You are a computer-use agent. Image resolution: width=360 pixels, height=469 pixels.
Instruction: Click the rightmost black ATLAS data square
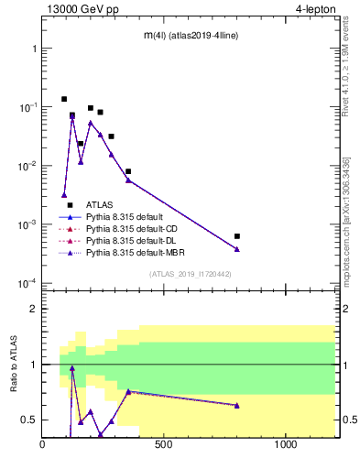point(237,236)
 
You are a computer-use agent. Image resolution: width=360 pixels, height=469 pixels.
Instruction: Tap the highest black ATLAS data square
point(64,99)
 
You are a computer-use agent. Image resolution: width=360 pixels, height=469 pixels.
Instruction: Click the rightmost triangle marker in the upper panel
point(237,249)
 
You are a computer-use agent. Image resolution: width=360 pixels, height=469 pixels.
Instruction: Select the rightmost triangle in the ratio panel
point(237,405)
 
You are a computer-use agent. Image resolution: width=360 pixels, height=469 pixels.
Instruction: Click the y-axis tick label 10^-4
point(26,283)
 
